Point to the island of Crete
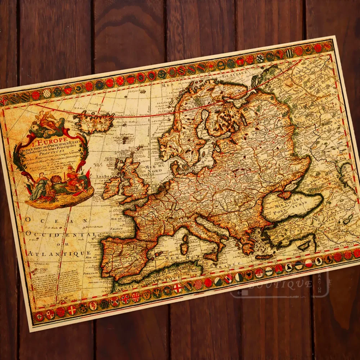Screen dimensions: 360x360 click(x=265, y=257)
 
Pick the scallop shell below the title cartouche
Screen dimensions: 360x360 click(x=57, y=179)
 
